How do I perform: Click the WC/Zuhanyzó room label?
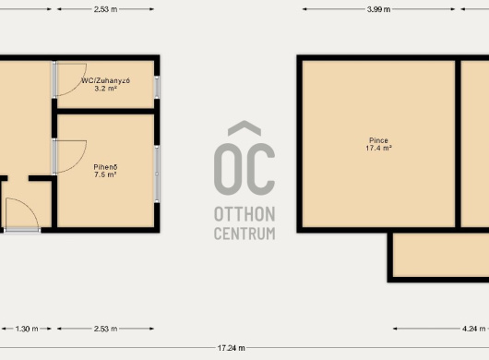105,80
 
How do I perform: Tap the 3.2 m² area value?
105,89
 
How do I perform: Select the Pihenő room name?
105,167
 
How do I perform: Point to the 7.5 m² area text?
105,174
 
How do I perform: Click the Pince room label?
378,140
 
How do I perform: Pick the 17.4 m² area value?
378,148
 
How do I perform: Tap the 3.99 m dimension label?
378,9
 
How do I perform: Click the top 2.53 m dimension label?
106,9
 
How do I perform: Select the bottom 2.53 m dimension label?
106,329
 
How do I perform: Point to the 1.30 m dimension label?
27,329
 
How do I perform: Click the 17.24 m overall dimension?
231,348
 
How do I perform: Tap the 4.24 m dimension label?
474,329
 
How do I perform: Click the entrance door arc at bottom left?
30,207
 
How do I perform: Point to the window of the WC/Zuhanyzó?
157,87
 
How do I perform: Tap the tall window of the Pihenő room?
157,174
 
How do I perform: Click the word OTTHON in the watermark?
244,214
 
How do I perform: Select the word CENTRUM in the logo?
244,234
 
